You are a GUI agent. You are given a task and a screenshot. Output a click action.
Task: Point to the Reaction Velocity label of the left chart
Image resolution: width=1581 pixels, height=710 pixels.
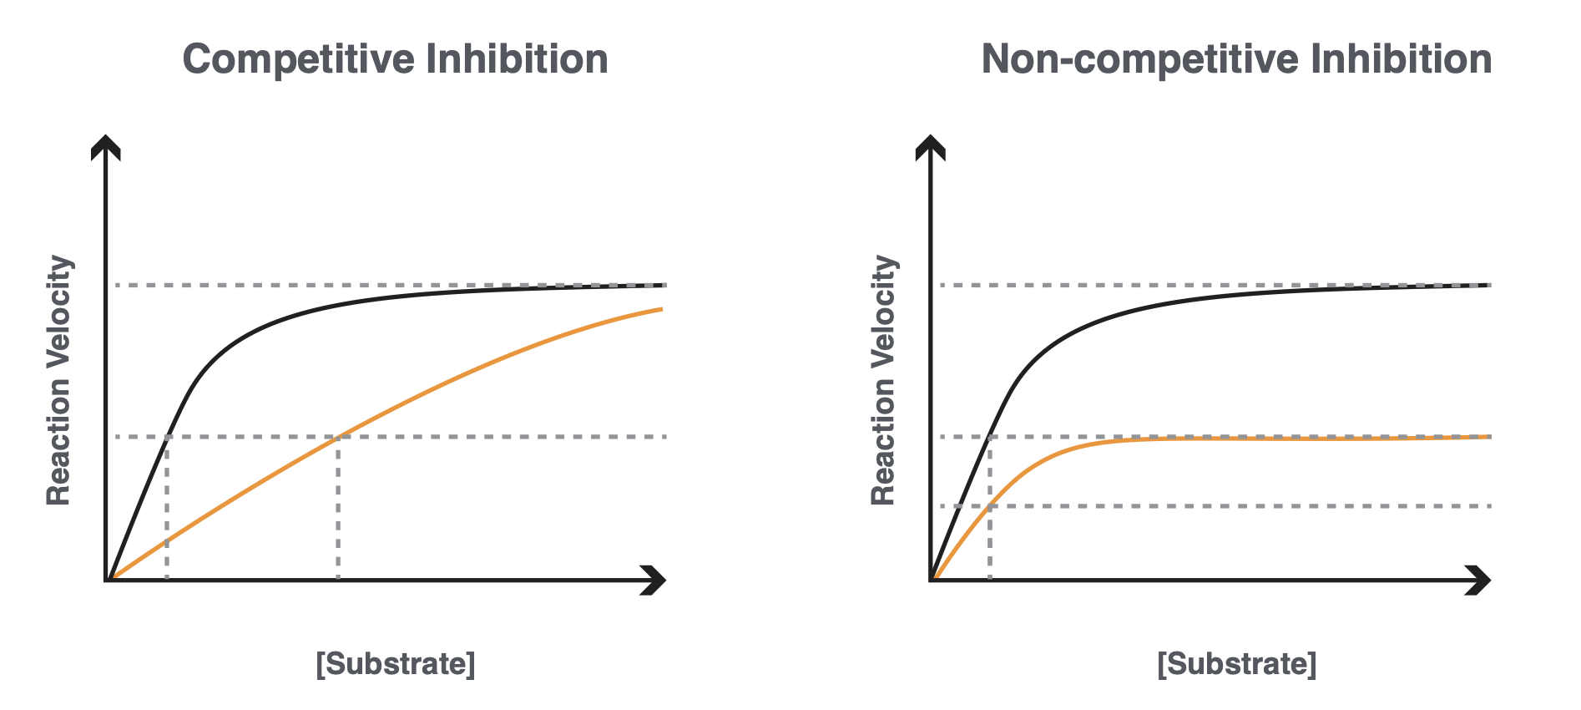pos(58,380)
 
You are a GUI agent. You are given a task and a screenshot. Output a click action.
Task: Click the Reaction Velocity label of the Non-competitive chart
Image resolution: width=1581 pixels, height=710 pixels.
pos(883,380)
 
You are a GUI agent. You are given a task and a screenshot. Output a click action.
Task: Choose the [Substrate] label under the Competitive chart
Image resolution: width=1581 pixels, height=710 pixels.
pos(395,664)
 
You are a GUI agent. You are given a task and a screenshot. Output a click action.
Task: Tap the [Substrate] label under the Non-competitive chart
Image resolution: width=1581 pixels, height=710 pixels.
pos(1236,664)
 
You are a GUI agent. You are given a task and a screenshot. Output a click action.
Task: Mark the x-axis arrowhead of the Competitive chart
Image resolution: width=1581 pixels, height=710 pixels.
pos(655,580)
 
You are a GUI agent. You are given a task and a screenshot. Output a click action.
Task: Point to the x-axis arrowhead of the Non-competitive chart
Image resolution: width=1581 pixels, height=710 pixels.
pos(1480,580)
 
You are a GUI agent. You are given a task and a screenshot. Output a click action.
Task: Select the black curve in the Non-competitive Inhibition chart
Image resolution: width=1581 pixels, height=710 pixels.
pos(1169,303)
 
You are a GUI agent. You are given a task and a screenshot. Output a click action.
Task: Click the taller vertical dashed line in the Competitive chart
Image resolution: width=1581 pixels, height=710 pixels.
pos(338,510)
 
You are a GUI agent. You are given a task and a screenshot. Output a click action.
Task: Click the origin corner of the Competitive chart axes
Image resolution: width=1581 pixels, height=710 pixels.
pos(106,580)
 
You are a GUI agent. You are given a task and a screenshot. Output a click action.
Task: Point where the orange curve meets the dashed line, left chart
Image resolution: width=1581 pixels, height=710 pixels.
pos(338,436)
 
